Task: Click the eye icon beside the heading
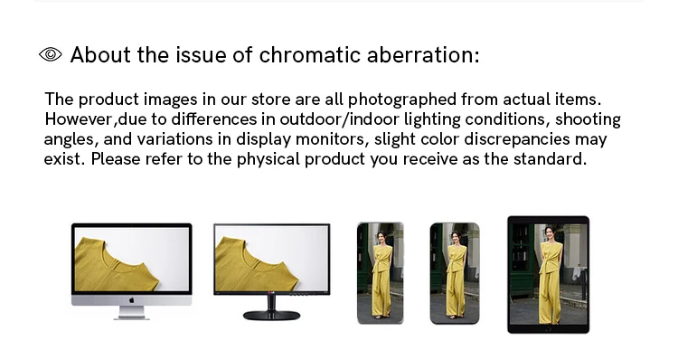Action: click(x=50, y=54)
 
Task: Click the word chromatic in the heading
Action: click(x=309, y=55)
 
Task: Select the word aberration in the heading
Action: click(x=423, y=55)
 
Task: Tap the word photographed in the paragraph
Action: click(x=402, y=99)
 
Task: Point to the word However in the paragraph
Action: click(x=80, y=119)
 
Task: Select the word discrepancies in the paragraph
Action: click(x=517, y=139)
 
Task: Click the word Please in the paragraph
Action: click(x=116, y=159)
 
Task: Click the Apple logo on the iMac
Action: click(x=131, y=300)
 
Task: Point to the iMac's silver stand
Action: click(x=131, y=313)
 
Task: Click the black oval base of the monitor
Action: click(x=271, y=316)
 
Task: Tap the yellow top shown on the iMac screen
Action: click(x=116, y=264)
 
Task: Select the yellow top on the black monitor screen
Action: click(x=256, y=264)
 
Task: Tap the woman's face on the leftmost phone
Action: click(x=381, y=237)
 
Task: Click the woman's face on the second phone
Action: click(x=455, y=236)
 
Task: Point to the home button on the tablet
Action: click(x=549, y=329)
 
